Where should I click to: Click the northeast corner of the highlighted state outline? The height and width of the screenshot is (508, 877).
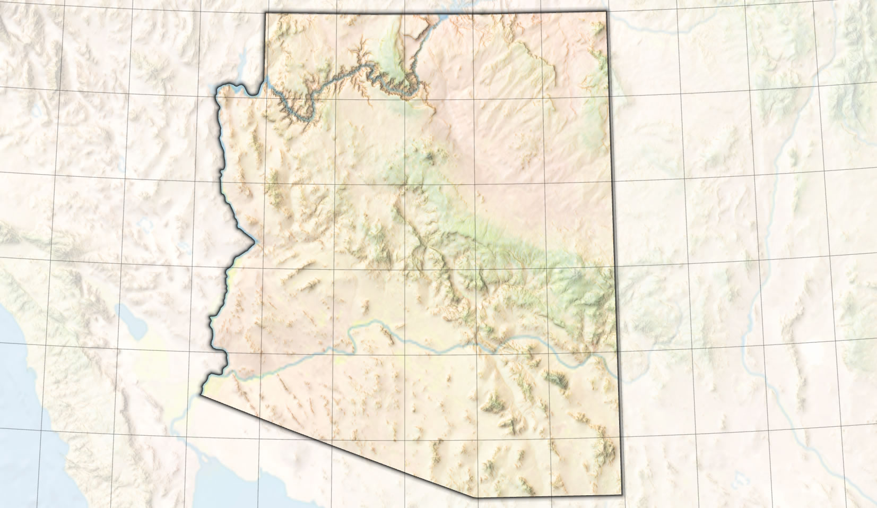coord(606,12)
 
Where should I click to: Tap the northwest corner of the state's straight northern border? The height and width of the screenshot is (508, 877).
coord(266,13)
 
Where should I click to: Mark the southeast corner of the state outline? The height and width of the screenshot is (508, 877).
coord(621,495)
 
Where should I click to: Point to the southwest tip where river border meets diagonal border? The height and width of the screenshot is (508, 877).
coord(202,394)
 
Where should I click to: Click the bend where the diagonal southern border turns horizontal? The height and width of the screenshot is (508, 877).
coord(477,497)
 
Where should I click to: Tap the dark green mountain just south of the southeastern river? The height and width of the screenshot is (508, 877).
coord(557,379)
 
